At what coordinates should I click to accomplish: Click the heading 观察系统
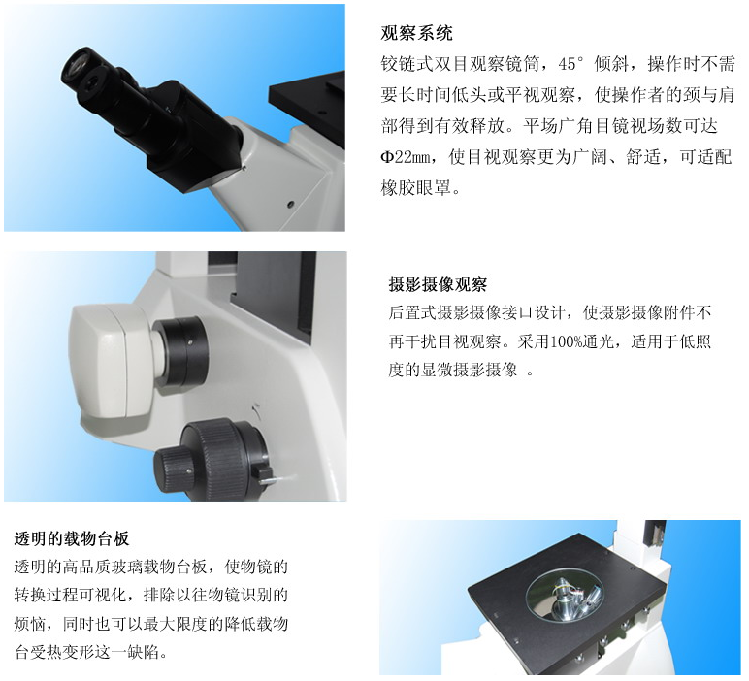(416, 33)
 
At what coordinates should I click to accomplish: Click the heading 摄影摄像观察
(438, 284)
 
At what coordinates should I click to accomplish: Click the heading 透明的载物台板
(72, 538)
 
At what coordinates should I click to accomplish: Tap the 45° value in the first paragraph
(571, 64)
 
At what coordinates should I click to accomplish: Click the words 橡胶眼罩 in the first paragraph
(416, 187)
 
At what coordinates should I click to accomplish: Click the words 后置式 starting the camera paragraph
(412, 312)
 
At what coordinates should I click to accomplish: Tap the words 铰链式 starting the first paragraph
(407, 64)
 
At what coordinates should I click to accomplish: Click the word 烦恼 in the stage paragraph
(30, 623)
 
